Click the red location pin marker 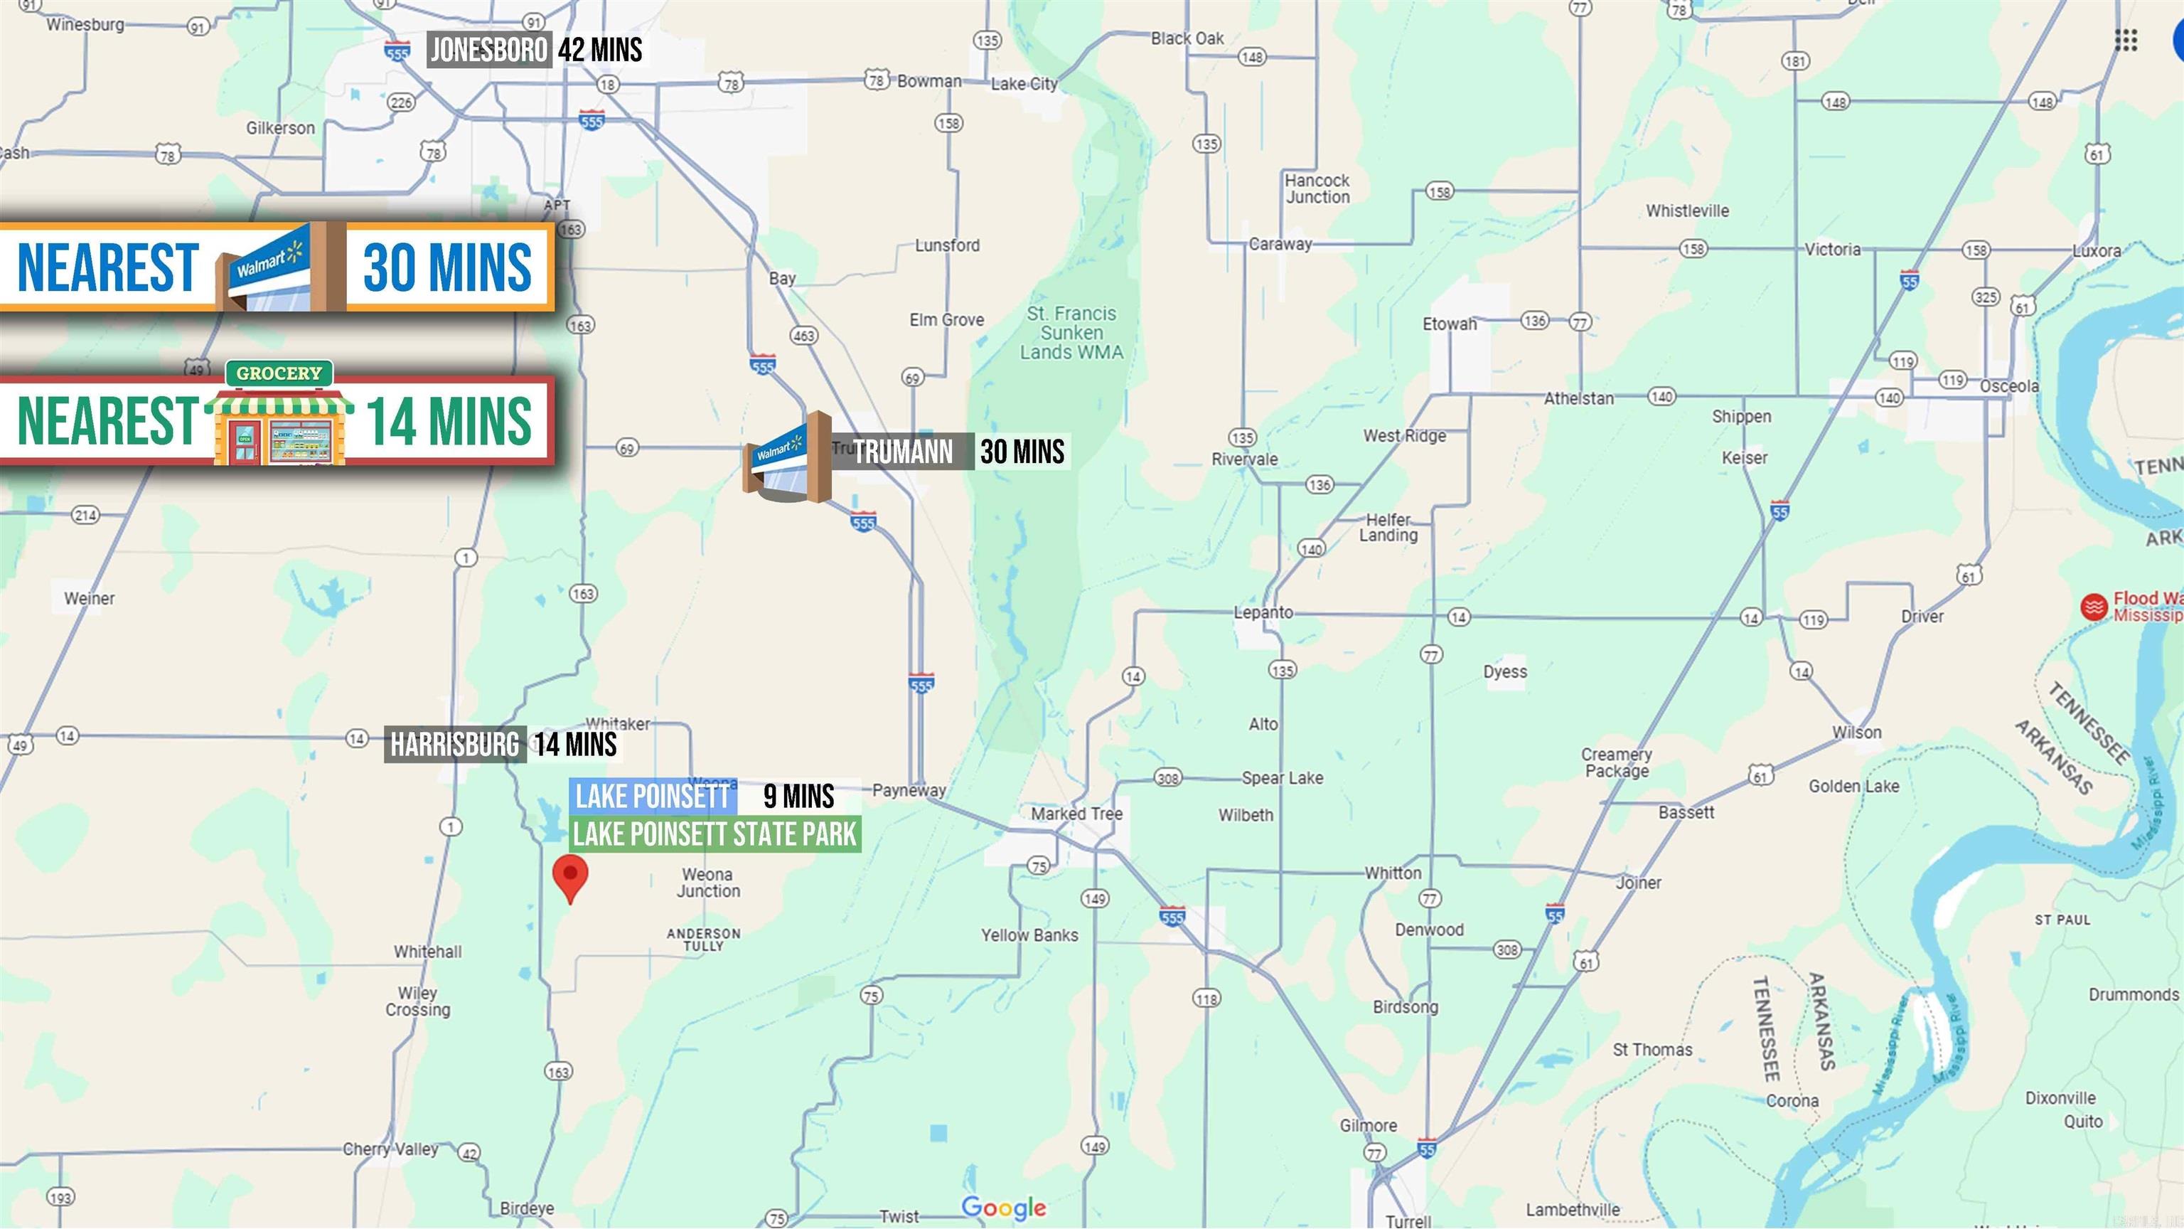click(x=569, y=876)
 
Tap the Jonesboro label click(x=488, y=50)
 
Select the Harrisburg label click(x=454, y=745)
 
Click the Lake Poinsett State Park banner click(x=714, y=834)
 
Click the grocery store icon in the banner click(x=279, y=415)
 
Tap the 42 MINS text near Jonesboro click(x=600, y=50)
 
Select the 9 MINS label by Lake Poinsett click(x=798, y=796)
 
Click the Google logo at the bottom click(x=1004, y=1207)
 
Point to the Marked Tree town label click(x=1077, y=814)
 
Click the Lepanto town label click(x=1263, y=612)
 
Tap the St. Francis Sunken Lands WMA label click(x=1071, y=332)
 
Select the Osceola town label click(x=2008, y=386)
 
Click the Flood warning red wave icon click(x=2093, y=607)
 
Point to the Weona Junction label click(x=708, y=882)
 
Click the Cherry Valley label click(x=390, y=1149)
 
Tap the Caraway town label click(x=1280, y=244)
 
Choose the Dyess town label click(x=1505, y=671)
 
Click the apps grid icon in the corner click(x=2126, y=40)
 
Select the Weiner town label click(x=89, y=598)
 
